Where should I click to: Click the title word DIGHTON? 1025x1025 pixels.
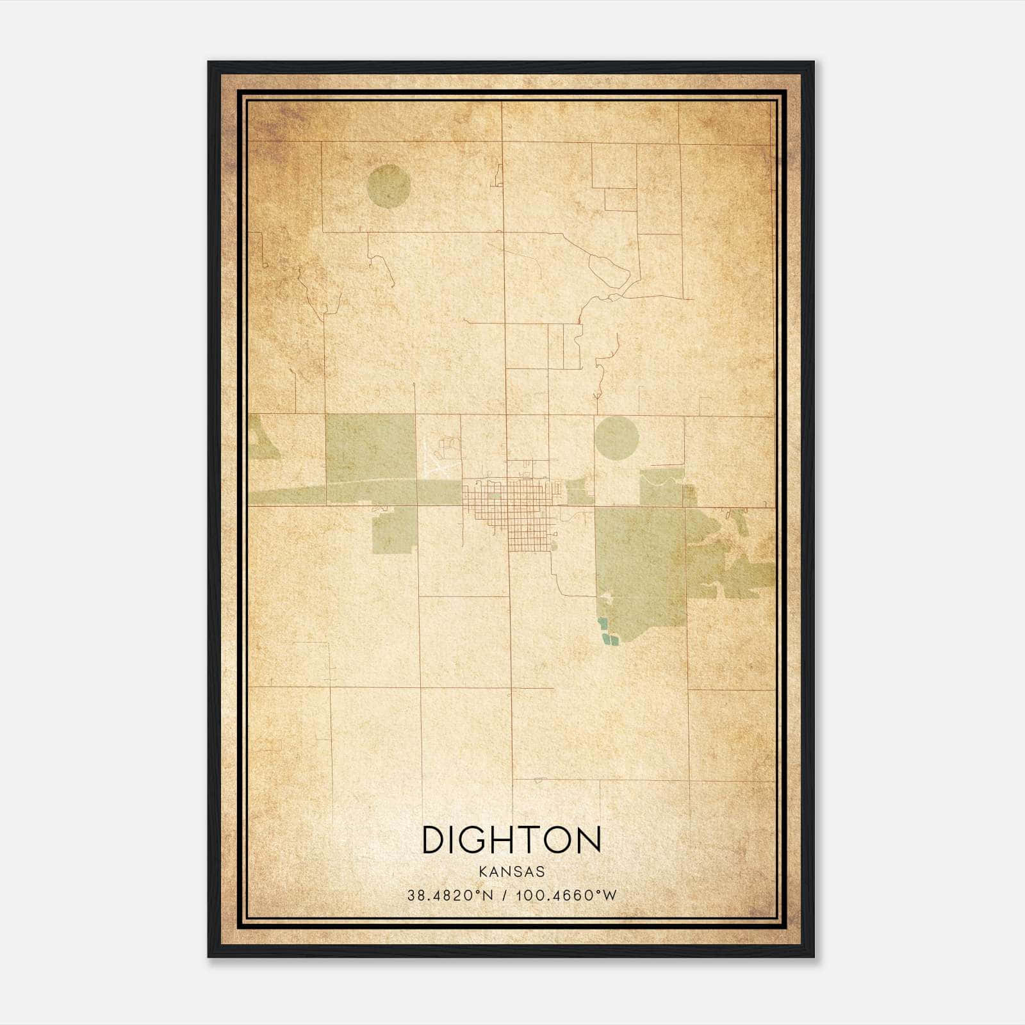tap(511, 840)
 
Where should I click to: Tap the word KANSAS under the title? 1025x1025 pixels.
tap(511, 872)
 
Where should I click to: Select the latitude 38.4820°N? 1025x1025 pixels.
tap(450, 896)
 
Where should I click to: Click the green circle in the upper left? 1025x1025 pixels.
tap(388, 186)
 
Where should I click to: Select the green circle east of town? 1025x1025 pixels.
tap(616, 438)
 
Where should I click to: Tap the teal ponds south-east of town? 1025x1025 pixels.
tap(605, 632)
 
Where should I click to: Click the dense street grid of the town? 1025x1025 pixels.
tap(512, 506)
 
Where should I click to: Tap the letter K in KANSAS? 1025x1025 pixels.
tap(482, 872)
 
